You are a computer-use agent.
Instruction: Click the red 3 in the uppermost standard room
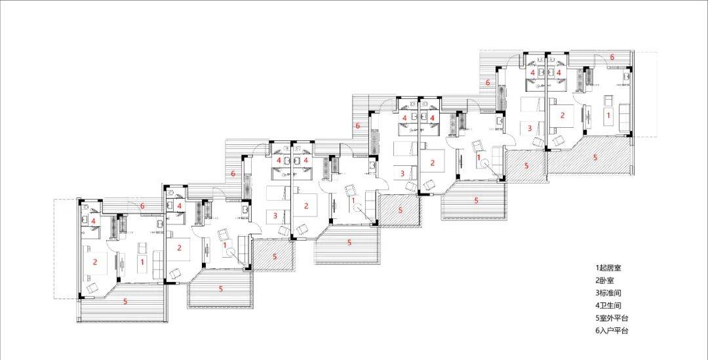(x=530, y=129)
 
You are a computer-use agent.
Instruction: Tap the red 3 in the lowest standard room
(x=275, y=216)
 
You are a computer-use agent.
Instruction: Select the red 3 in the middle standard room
(x=403, y=172)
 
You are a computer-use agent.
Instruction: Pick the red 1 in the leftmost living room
(x=142, y=262)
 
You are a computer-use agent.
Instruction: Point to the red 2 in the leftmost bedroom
(x=95, y=262)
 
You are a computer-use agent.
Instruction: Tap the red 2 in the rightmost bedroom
(x=562, y=115)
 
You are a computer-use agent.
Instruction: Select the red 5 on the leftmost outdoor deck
(x=125, y=301)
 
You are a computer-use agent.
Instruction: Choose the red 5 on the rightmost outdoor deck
(x=595, y=157)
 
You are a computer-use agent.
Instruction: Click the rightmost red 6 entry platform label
(x=612, y=57)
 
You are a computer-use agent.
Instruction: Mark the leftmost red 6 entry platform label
(x=142, y=206)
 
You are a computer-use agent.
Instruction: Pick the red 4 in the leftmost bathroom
(x=93, y=221)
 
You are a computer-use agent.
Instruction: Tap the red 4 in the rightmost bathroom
(x=559, y=72)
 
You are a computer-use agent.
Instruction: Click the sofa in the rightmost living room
(x=625, y=115)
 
